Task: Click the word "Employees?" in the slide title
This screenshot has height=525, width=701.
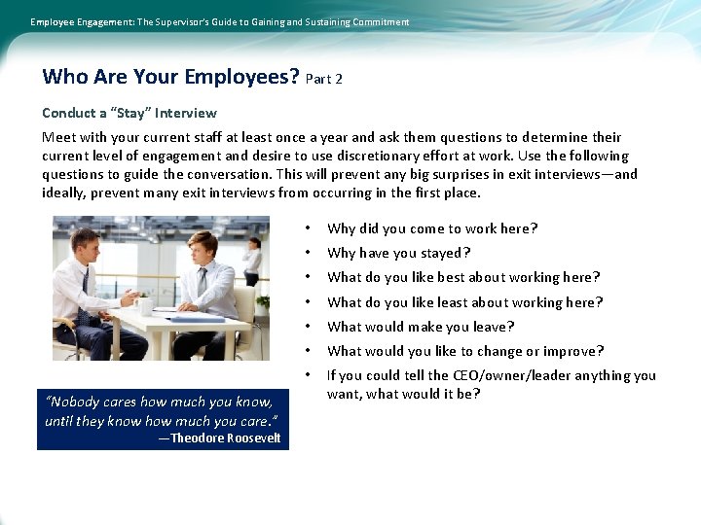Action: coord(242,77)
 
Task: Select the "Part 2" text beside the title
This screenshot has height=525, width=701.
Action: coord(324,79)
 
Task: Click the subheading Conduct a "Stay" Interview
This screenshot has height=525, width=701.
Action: coord(129,113)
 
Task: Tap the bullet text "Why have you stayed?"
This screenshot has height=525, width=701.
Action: coord(399,253)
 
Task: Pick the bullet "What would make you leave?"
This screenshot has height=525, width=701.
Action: coord(421,327)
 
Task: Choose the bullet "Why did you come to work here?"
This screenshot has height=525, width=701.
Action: coord(432,228)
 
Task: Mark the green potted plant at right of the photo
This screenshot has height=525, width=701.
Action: coord(263,303)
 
